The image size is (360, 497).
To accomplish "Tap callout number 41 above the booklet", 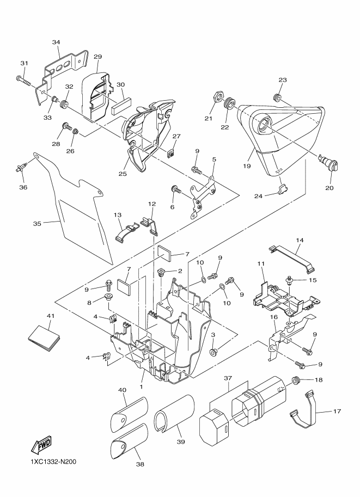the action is (51, 316).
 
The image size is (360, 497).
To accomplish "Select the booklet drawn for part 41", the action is (44, 338).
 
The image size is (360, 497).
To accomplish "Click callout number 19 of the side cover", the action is (247, 166).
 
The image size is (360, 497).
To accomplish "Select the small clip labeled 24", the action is (283, 189).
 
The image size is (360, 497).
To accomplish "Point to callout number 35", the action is (37, 224).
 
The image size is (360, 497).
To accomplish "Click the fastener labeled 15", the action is (290, 280).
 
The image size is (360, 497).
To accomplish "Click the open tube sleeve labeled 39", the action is (174, 413).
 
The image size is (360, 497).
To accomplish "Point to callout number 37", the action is (228, 378).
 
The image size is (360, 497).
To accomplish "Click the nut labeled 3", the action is (213, 352).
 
